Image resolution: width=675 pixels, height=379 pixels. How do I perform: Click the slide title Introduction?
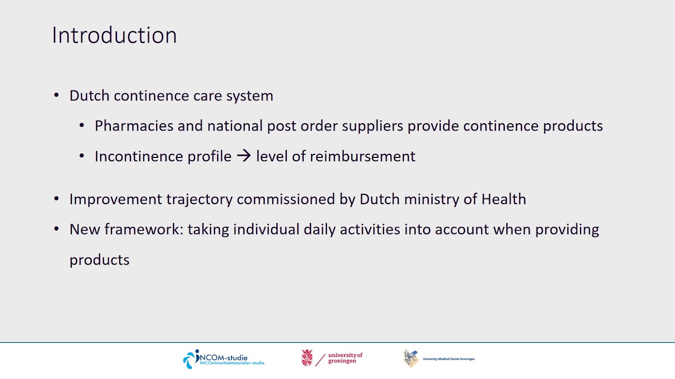coord(114,35)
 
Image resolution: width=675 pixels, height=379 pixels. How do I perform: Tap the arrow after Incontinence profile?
coord(244,156)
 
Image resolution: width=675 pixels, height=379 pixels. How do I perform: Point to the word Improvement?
coord(115,200)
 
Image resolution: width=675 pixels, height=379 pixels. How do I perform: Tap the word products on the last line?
coord(99,260)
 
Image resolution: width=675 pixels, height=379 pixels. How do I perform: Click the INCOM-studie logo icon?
coord(191,359)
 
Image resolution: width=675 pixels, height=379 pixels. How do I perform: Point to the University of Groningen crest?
coord(307,358)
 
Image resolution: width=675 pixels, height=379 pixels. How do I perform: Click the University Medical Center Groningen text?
coord(448,359)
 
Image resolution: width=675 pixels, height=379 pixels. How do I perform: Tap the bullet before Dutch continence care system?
coord(56,96)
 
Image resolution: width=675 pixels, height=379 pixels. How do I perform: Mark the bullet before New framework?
coord(56,230)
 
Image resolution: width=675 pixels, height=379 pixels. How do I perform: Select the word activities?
coord(369,230)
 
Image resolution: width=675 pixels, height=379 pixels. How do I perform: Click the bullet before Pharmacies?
coord(82,126)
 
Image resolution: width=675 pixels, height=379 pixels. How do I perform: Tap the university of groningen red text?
coord(345,358)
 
